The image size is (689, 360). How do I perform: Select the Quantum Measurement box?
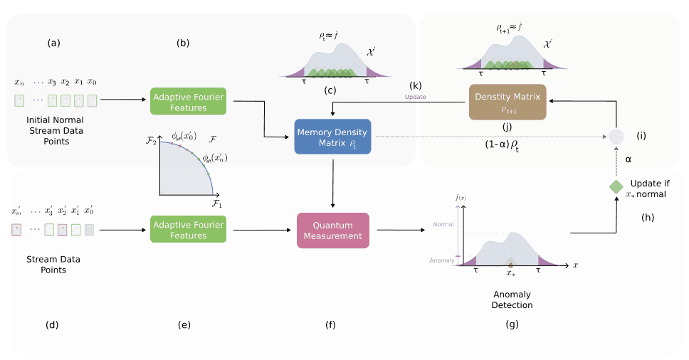(x=333, y=230)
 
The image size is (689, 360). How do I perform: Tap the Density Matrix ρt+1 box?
(x=507, y=102)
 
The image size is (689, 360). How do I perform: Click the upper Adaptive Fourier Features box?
(x=189, y=102)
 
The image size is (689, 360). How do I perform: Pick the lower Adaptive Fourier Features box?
(x=188, y=230)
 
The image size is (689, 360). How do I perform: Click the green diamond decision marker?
(x=615, y=186)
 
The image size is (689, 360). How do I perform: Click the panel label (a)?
(x=54, y=43)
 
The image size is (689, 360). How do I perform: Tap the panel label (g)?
(x=512, y=324)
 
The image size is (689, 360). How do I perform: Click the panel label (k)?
(x=416, y=85)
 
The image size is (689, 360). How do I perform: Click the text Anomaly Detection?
(x=512, y=300)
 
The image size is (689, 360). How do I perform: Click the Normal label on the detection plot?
(x=442, y=225)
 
